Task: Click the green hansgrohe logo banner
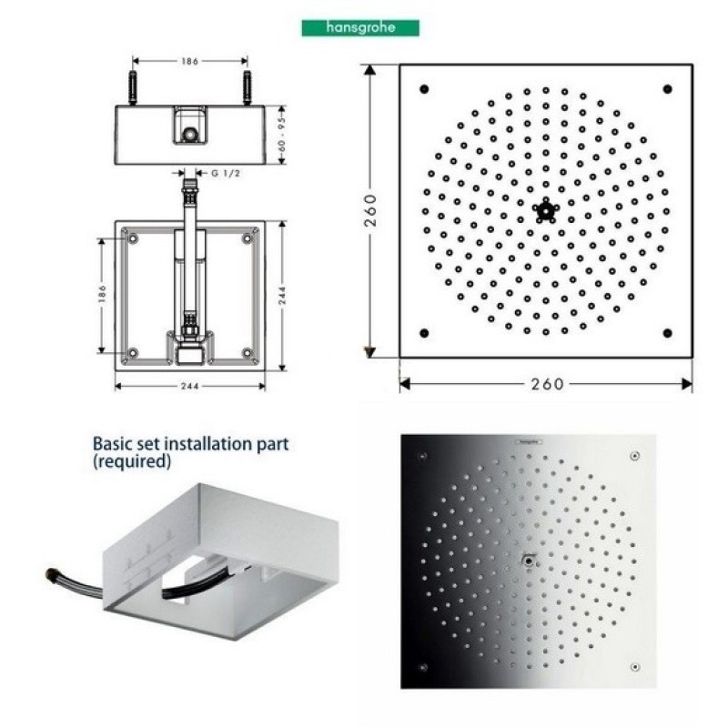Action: (360, 28)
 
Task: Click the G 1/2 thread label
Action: (226, 173)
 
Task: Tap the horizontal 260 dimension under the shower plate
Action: (547, 384)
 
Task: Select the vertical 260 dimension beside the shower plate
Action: (370, 210)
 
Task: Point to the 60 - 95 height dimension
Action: (282, 135)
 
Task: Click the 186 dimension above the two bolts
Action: (190, 61)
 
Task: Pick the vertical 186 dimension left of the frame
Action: (102, 295)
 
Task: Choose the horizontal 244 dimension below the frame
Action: (190, 386)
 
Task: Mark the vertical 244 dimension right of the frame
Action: (282, 295)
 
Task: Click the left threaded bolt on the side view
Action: (133, 87)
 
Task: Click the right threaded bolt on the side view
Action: (247, 87)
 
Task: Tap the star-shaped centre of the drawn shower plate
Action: (546, 210)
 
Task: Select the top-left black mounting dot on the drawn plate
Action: (424, 88)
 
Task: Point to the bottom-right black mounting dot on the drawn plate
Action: (668, 332)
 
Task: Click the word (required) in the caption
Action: (132, 461)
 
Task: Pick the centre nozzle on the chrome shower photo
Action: (529, 561)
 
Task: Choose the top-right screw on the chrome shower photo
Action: (634, 456)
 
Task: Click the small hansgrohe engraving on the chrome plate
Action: (528, 441)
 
